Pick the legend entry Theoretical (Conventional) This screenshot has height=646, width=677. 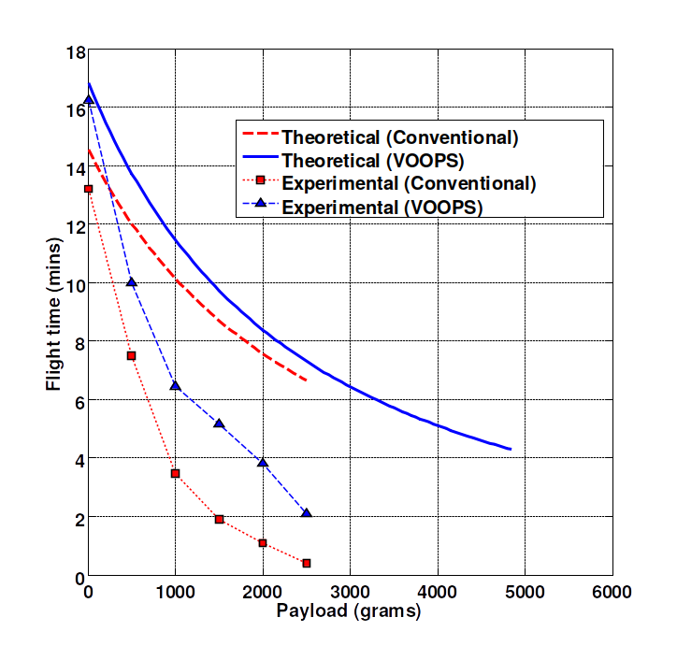(x=399, y=137)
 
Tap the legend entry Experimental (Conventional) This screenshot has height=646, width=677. (x=409, y=183)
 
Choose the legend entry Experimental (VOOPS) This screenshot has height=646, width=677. (x=382, y=207)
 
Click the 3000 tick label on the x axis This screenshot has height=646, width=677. (x=350, y=593)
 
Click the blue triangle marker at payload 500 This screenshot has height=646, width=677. (x=132, y=281)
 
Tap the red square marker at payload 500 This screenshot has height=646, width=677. (x=132, y=355)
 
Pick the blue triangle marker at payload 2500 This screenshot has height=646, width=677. (x=306, y=512)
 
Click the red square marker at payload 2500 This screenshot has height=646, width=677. (x=306, y=563)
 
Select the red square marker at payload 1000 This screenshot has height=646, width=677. (x=175, y=473)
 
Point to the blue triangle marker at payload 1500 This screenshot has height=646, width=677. (x=219, y=423)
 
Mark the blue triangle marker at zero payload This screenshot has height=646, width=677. (x=88, y=99)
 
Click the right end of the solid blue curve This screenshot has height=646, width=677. (x=511, y=450)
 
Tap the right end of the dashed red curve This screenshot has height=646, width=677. (x=306, y=380)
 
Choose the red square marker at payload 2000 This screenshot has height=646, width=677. (x=263, y=543)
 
